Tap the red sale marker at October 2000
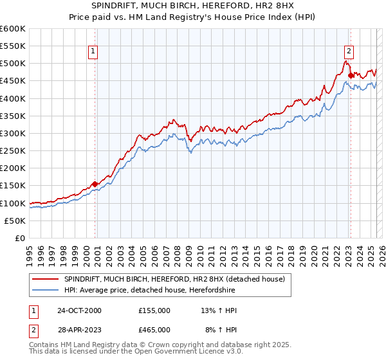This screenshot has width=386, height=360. (x=95, y=184)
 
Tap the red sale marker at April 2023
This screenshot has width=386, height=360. (x=351, y=75)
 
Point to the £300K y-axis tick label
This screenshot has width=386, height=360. (x=13, y=133)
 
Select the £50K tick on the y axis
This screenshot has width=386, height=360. (x=15, y=221)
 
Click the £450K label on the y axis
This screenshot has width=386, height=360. (x=13, y=81)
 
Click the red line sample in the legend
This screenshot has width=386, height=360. (x=46, y=279)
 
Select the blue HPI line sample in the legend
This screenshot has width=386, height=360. (x=46, y=291)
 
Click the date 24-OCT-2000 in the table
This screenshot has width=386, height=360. (x=79, y=310)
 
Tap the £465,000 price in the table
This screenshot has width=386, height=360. (x=154, y=329)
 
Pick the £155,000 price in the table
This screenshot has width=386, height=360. (x=154, y=310)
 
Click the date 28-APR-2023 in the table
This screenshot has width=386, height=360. (x=79, y=329)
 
